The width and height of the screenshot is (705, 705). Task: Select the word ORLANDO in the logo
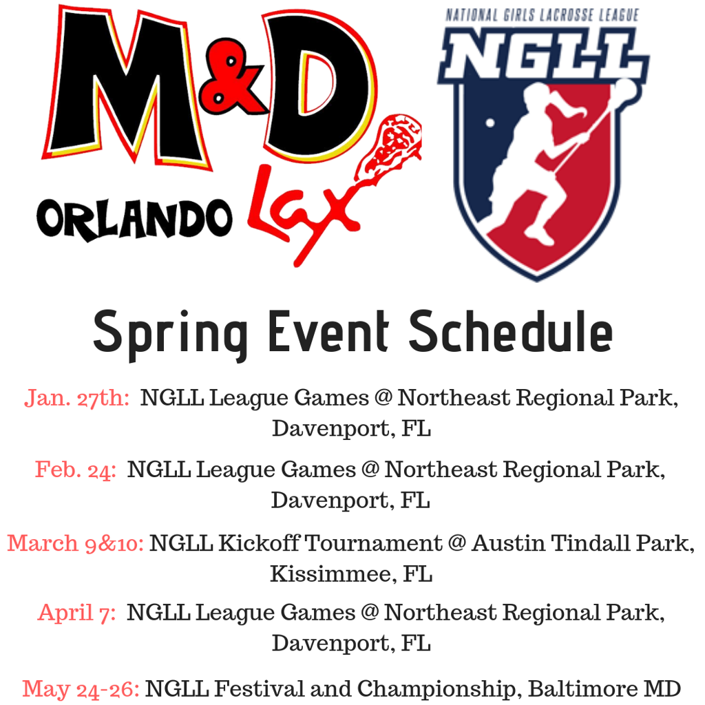pyautogui.click(x=134, y=219)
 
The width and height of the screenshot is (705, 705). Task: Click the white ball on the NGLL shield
pyautogui.click(x=490, y=123)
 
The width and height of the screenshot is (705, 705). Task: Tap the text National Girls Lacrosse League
pyautogui.click(x=544, y=14)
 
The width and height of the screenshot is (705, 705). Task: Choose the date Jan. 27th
pyautogui.click(x=77, y=398)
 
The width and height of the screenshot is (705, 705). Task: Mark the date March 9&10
pyautogui.click(x=76, y=543)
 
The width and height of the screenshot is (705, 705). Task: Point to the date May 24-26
pyautogui.click(x=81, y=688)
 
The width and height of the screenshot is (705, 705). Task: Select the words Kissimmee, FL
pyautogui.click(x=351, y=574)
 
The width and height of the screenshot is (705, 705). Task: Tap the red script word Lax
pyautogui.click(x=303, y=207)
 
